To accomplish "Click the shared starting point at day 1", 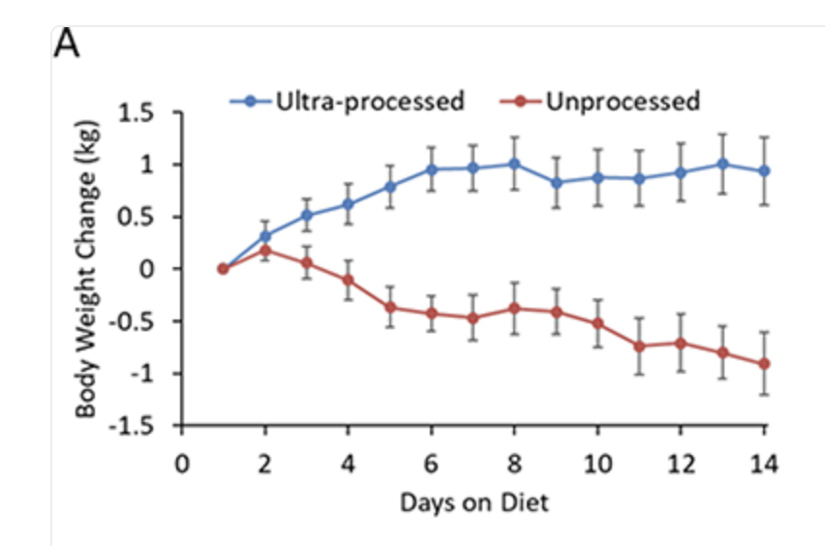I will [x=223, y=269].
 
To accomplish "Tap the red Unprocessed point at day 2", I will [x=264, y=250].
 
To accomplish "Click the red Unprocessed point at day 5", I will [x=390, y=307].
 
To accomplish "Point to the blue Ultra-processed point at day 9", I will [x=557, y=182].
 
